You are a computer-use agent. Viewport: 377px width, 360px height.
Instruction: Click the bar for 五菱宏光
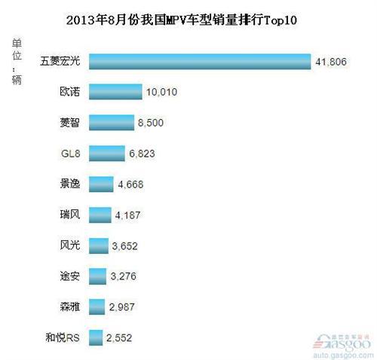coord(200,61)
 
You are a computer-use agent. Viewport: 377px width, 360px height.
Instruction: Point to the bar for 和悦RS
coord(96,337)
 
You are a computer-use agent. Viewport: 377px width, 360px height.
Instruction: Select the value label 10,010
coord(163,93)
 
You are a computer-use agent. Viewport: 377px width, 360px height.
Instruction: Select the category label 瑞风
coord(70,215)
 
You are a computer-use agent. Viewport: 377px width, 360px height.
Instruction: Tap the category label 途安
coord(70,276)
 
